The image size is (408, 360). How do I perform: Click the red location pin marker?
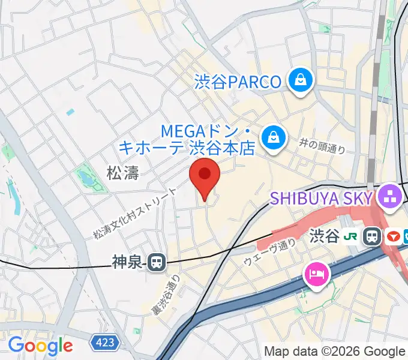tap(205, 176)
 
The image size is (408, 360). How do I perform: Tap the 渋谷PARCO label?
tap(238, 81)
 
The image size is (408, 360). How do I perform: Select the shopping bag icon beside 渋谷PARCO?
tap(298, 80)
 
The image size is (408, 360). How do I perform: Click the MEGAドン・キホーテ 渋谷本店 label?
tap(187, 139)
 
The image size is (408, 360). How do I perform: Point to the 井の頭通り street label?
tap(322, 145)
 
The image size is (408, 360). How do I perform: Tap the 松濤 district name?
tap(122, 174)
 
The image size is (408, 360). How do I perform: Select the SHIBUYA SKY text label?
tap(322, 197)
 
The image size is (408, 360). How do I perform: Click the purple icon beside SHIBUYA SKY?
tap(390, 196)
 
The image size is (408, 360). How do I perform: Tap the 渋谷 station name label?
tap(325, 236)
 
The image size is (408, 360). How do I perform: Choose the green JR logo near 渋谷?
tap(352, 236)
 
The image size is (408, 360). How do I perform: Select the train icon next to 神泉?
tap(157, 262)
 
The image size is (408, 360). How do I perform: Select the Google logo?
tap(40, 346)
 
